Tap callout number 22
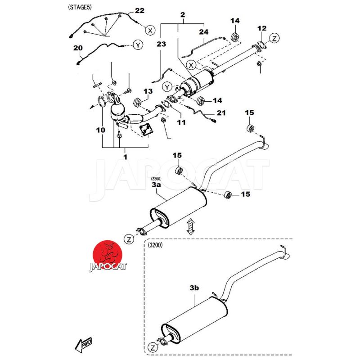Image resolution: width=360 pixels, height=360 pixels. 139,10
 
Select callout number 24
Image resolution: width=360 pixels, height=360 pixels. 204,32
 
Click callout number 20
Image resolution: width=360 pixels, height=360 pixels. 78,48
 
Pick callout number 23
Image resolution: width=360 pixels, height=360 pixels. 162,44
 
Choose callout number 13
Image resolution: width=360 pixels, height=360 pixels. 148,92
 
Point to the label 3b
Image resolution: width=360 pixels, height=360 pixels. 194,287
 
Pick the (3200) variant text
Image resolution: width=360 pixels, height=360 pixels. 154,245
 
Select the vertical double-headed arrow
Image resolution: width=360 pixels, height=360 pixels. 190,226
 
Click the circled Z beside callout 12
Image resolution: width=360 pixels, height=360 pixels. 275,37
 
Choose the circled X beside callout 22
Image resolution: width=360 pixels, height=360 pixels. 150,31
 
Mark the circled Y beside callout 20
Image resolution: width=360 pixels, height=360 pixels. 138,45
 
